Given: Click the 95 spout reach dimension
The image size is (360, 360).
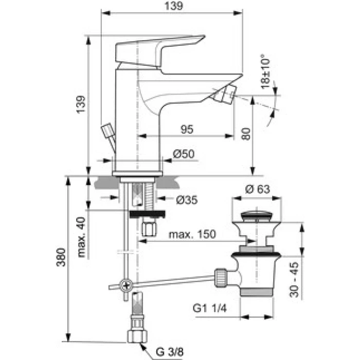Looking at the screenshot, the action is point(187,129).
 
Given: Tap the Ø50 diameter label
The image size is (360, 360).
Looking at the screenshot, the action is point(184,154).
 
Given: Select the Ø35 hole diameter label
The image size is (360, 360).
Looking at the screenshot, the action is point(187,200).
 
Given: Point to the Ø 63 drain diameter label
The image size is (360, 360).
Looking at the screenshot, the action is point(258,189).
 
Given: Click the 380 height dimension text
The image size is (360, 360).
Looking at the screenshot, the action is point(61,257).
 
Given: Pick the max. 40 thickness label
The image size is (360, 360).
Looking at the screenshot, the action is point(81,237).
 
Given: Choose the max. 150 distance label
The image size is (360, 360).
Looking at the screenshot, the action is point(192,234).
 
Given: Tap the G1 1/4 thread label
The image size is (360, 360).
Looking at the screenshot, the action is point(210,308).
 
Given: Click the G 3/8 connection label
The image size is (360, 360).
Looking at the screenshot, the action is point(170,351).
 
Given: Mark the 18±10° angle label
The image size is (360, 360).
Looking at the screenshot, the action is point(265,71).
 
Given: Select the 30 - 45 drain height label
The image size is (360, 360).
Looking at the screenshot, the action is point(294,280).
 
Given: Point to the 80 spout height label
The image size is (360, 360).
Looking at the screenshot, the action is point(246,134).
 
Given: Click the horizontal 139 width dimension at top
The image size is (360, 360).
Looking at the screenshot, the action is point(174,6).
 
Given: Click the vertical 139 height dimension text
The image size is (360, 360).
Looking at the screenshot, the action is point(81,104).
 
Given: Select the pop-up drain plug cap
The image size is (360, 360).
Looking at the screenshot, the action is point(257,217).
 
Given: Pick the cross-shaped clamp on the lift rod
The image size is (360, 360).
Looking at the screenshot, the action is point(126,285).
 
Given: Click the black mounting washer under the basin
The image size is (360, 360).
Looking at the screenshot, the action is point(147,214).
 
